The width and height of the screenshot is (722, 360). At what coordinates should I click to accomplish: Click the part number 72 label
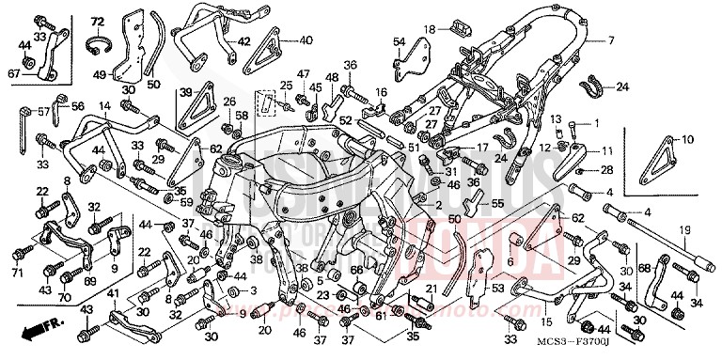(x=97, y=21)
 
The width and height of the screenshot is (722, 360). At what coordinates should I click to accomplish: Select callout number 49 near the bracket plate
(x=97, y=76)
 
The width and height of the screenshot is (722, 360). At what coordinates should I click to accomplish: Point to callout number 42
(x=243, y=41)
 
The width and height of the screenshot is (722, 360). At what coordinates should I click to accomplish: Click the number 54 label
(x=399, y=42)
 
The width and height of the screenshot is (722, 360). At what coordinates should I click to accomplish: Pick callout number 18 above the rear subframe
(x=429, y=29)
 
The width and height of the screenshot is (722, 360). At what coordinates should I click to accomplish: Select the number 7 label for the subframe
(x=609, y=40)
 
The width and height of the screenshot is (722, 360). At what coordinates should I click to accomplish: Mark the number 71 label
(x=16, y=274)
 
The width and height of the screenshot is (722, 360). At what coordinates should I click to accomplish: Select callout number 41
(x=113, y=295)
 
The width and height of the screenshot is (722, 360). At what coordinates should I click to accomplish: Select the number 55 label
(x=497, y=203)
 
